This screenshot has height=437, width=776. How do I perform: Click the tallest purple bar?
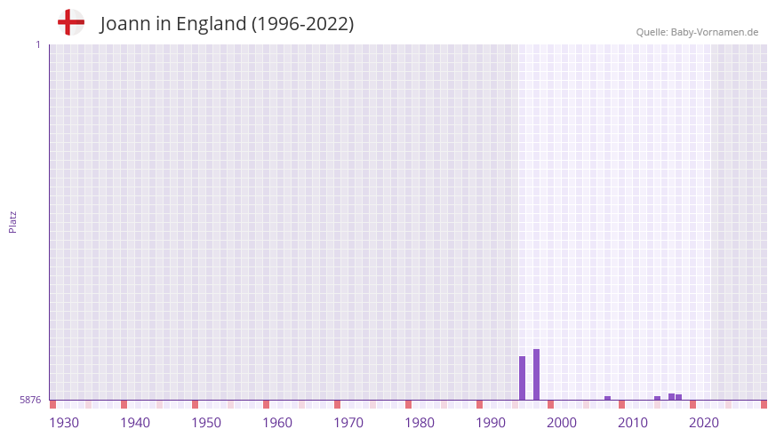click(536, 374)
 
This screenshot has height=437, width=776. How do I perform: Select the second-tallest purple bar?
click(522, 377)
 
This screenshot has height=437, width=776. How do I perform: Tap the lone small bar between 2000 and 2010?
click(607, 398)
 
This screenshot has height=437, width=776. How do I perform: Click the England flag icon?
click(70, 22)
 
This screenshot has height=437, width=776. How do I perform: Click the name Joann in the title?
click(125, 24)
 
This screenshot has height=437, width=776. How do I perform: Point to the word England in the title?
click(212, 24)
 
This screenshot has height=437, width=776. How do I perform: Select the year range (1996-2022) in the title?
click(302, 24)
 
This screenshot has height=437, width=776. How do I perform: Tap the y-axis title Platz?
click(12, 221)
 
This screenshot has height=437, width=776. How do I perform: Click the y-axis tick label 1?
click(37, 44)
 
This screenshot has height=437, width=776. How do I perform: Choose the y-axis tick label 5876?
click(30, 400)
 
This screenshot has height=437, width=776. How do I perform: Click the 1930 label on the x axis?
click(64, 422)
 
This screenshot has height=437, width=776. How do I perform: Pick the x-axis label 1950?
click(206, 422)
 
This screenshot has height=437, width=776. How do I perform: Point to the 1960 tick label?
click(277, 422)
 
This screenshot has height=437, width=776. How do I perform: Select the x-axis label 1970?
click(348, 422)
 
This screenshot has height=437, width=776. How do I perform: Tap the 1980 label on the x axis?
click(420, 422)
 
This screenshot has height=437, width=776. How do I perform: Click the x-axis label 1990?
click(491, 422)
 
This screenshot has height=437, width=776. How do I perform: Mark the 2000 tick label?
click(562, 422)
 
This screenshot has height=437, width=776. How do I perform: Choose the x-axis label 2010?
click(633, 422)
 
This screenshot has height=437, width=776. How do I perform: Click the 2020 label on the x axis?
click(704, 422)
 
